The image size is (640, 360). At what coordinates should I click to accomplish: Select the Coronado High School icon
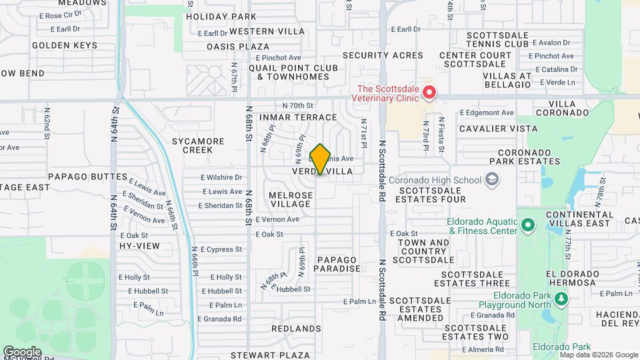pyautogui.click(x=492, y=179)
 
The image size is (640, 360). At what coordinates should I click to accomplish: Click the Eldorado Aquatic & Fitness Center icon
pyautogui.click(x=528, y=224)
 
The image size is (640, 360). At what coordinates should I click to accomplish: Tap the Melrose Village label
pyautogui.click(x=291, y=199)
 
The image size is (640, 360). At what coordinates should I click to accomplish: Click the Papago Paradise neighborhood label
pyautogui.click(x=338, y=264)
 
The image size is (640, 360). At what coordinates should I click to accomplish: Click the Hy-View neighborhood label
pyautogui.click(x=139, y=246)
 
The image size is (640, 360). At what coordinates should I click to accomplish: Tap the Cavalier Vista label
pyautogui.click(x=499, y=128)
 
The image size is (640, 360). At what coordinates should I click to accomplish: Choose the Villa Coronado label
pyautogui.click(x=569, y=109)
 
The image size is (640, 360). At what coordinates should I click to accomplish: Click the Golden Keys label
pyautogui.click(x=64, y=45)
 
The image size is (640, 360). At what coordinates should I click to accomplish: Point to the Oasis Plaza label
pyautogui.click(x=238, y=47)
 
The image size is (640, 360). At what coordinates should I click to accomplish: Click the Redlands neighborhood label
pyautogui.click(x=297, y=329)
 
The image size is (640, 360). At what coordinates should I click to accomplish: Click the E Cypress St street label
pyautogui.click(x=219, y=249)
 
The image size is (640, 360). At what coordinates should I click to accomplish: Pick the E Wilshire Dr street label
pyautogui.click(x=221, y=177)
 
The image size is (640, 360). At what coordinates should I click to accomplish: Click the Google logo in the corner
pyautogui.click(x=23, y=351)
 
